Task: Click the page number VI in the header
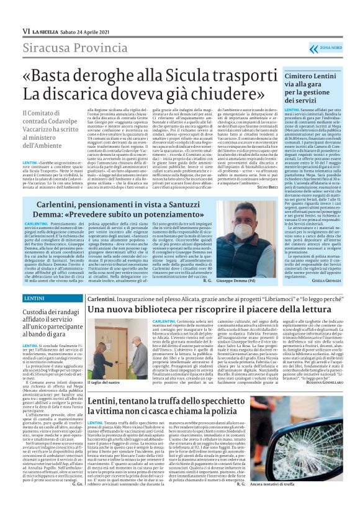point(26,30)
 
